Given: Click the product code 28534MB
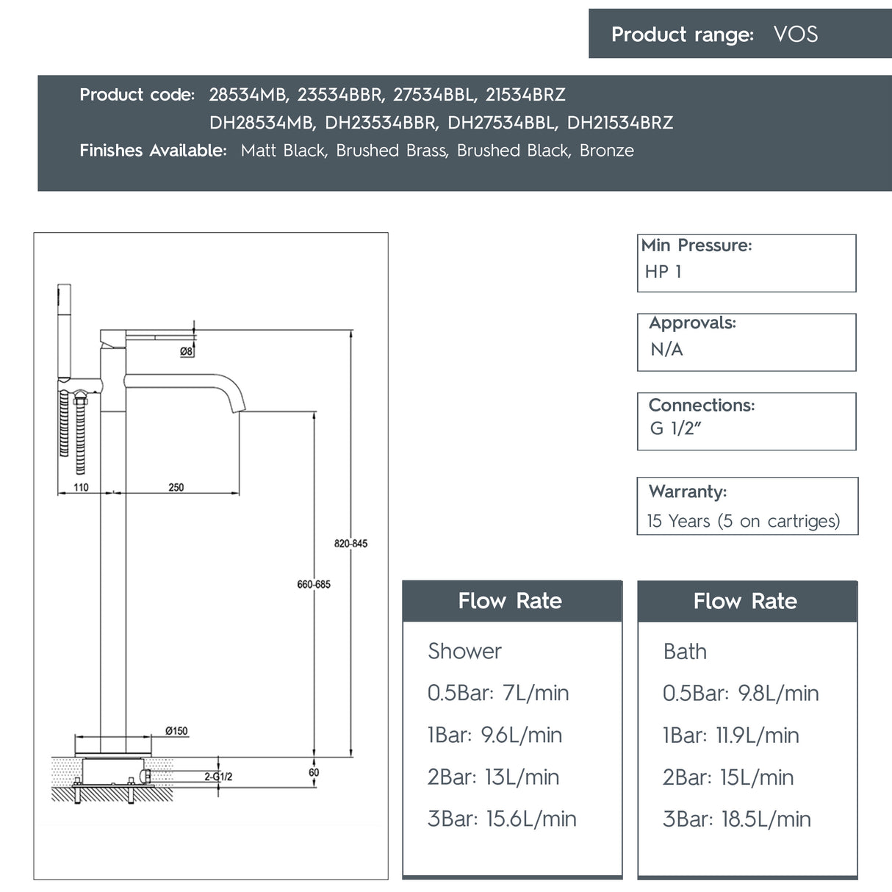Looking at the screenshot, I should [248, 95].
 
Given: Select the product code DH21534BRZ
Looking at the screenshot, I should [619, 123].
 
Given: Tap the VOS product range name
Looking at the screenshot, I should [795, 35].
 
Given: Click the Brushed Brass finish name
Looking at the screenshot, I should [392, 151].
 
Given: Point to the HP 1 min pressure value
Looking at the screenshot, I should [663, 272].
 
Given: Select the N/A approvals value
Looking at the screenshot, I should [666, 350].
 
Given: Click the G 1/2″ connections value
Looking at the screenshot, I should [675, 428].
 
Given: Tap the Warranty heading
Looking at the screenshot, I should [688, 491].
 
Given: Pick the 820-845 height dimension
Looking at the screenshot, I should [350, 544].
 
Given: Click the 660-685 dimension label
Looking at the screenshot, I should [314, 584].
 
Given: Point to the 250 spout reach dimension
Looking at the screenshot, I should [176, 487].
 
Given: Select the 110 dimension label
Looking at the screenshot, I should [81, 487].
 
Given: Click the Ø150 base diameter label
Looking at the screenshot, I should [176, 731].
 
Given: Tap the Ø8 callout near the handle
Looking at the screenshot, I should [186, 352].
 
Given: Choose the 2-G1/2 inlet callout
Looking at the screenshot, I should [218, 777].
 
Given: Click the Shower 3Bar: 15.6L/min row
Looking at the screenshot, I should [502, 819].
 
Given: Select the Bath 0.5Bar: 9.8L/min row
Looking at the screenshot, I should [740, 693].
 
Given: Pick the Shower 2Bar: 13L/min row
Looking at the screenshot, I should [493, 777].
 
